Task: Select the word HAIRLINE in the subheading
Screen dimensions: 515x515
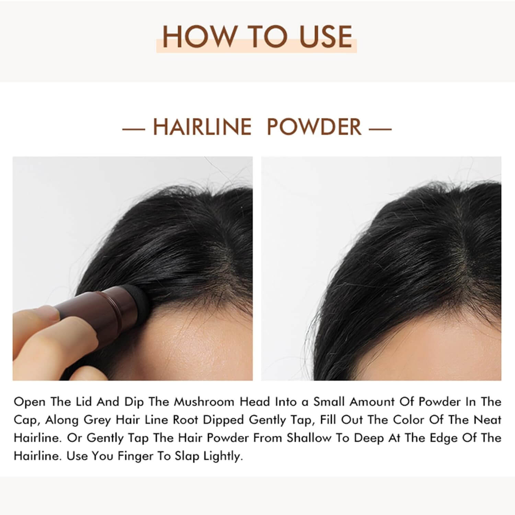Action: tap(202, 127)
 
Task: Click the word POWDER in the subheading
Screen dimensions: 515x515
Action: tap(314, 127)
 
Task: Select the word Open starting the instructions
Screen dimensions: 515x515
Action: tap(29, 402)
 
